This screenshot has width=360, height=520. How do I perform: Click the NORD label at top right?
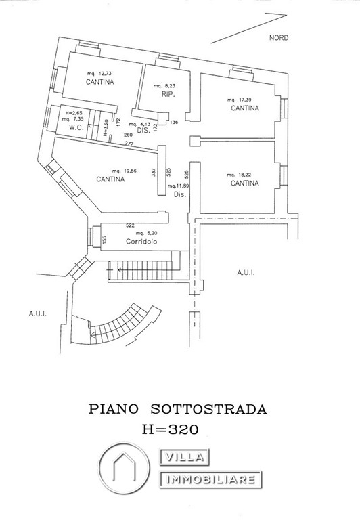point(278,38)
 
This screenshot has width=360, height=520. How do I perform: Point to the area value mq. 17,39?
point(242,99)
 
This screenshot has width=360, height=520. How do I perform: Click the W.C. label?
point(66,127)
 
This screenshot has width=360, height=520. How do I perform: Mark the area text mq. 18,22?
point(242,173)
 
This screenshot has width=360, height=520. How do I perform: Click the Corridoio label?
point(142,241)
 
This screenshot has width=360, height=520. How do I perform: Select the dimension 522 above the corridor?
point(131,224)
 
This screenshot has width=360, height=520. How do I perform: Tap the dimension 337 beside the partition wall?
point(154,173)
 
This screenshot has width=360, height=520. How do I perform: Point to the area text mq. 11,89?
point(179,185)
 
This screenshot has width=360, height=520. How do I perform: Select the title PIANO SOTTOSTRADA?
point(179,410)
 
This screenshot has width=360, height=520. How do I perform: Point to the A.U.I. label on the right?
point(245,273)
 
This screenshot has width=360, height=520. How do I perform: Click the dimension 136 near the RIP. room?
point(174,122)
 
